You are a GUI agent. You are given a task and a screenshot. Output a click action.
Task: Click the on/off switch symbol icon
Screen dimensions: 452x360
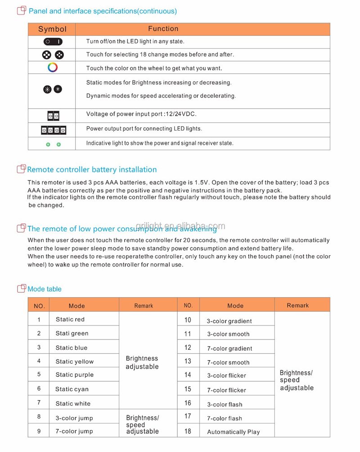[x=53, y=41]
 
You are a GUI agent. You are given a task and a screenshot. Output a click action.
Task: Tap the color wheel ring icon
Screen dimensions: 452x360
[x=53, y=68]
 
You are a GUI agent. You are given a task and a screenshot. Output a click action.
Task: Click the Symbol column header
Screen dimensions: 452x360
[x=52, y=29]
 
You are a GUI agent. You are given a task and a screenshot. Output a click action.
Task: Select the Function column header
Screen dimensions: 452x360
[x=163, y=29]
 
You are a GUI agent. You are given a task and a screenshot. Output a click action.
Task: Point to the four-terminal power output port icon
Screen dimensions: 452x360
[x=54, y=130]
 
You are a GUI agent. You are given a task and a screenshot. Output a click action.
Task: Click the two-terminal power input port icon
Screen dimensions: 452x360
[x=53, y=115]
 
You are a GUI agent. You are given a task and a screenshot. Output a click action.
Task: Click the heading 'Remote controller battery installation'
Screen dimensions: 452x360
[x=92, y=170]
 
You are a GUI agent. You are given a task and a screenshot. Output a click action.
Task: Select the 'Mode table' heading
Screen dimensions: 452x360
[x=45, y=289]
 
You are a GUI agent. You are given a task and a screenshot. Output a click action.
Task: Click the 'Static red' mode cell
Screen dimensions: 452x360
[x=70, y=320]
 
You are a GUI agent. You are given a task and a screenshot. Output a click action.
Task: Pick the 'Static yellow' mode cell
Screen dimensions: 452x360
[x=75, y=362]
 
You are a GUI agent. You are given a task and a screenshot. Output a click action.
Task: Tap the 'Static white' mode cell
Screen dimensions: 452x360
[x=73, y=404]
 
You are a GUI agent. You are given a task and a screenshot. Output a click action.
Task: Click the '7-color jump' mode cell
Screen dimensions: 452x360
[x=74, y=431]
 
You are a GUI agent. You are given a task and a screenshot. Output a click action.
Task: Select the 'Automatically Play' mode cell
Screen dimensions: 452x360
[x=233, y=432]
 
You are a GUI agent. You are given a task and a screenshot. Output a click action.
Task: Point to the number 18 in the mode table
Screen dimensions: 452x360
[x=188, y=431]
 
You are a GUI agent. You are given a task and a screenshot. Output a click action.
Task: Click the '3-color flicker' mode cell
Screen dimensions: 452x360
[x=226, y=375]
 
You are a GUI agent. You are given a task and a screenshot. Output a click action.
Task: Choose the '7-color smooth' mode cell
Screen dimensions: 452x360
[x=228, y=362]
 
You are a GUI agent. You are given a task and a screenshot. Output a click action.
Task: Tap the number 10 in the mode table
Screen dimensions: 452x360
[x=188, y=320]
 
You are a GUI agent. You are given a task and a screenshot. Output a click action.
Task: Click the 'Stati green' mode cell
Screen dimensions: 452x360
[x=72, y=334]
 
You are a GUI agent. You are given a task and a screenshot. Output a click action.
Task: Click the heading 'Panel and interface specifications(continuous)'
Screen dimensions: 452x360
[x=103, y=11]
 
